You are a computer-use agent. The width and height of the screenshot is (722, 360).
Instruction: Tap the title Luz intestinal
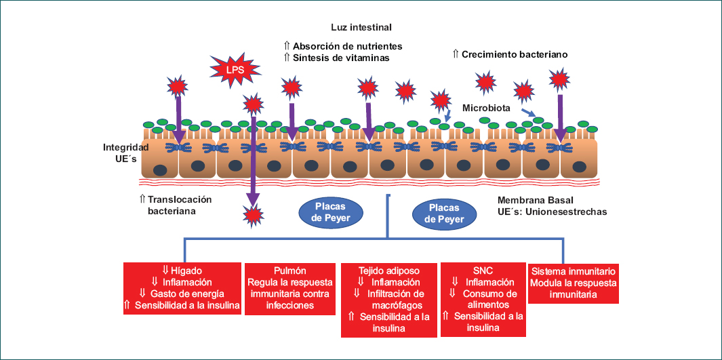point(361,27)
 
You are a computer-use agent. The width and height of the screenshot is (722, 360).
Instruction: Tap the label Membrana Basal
point(535,200)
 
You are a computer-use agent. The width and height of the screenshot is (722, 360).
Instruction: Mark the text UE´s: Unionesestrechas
point(552,212)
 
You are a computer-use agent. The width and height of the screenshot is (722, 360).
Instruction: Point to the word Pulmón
point(289,270)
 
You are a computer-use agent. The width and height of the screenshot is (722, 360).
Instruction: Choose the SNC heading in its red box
point(485,270)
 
